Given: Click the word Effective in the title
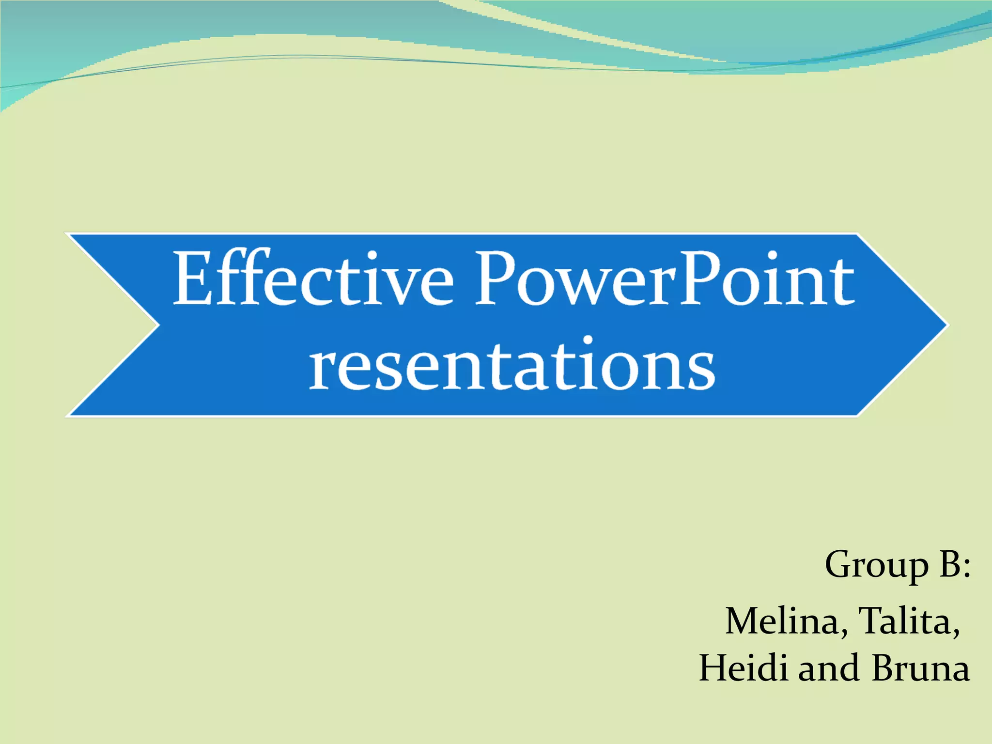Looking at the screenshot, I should [313, 279].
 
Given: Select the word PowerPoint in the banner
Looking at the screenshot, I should [665, 279].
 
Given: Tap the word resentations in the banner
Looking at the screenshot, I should [512, 364].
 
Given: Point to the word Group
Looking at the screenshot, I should [876, 565].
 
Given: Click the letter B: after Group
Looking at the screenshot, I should [955, 565].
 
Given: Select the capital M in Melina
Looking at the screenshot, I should [746, 621].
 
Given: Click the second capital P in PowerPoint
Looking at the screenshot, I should [702, 279].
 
